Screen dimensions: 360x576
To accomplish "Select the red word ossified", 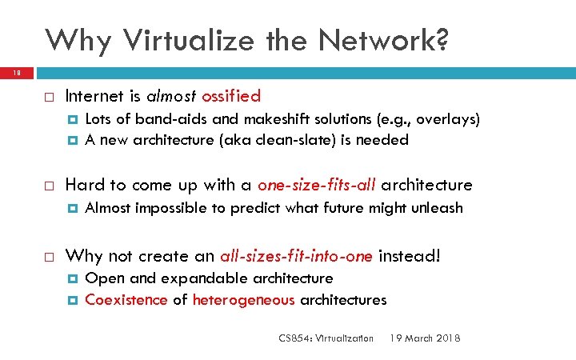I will (x=231, y=97).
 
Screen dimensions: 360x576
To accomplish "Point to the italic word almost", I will (x=170, y=97).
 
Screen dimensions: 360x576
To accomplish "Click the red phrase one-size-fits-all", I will (x=317, y=185).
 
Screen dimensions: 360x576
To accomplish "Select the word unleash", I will (x=437, y=208).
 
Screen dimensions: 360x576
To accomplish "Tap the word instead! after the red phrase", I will (x=409, y=256).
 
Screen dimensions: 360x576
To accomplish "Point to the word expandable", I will (x=205, y=278).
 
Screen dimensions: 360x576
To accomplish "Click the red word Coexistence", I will (x=126, y=300).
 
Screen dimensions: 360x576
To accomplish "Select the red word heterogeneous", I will (x=244, y=300).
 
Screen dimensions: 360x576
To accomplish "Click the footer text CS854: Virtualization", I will (x=326, y=338).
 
